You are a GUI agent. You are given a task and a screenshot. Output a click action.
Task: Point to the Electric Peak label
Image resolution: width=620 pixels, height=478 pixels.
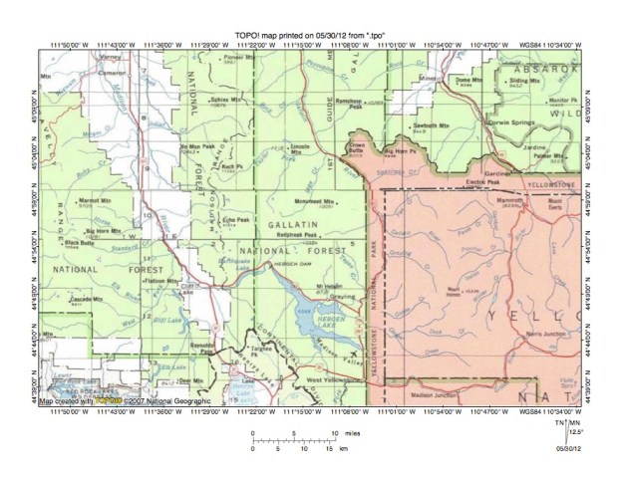coord(482,183)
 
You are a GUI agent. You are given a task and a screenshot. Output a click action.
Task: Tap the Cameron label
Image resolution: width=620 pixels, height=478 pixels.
coord(82,73)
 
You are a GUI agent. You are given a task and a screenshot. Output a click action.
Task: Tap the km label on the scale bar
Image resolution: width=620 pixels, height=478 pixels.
coord(344,448)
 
